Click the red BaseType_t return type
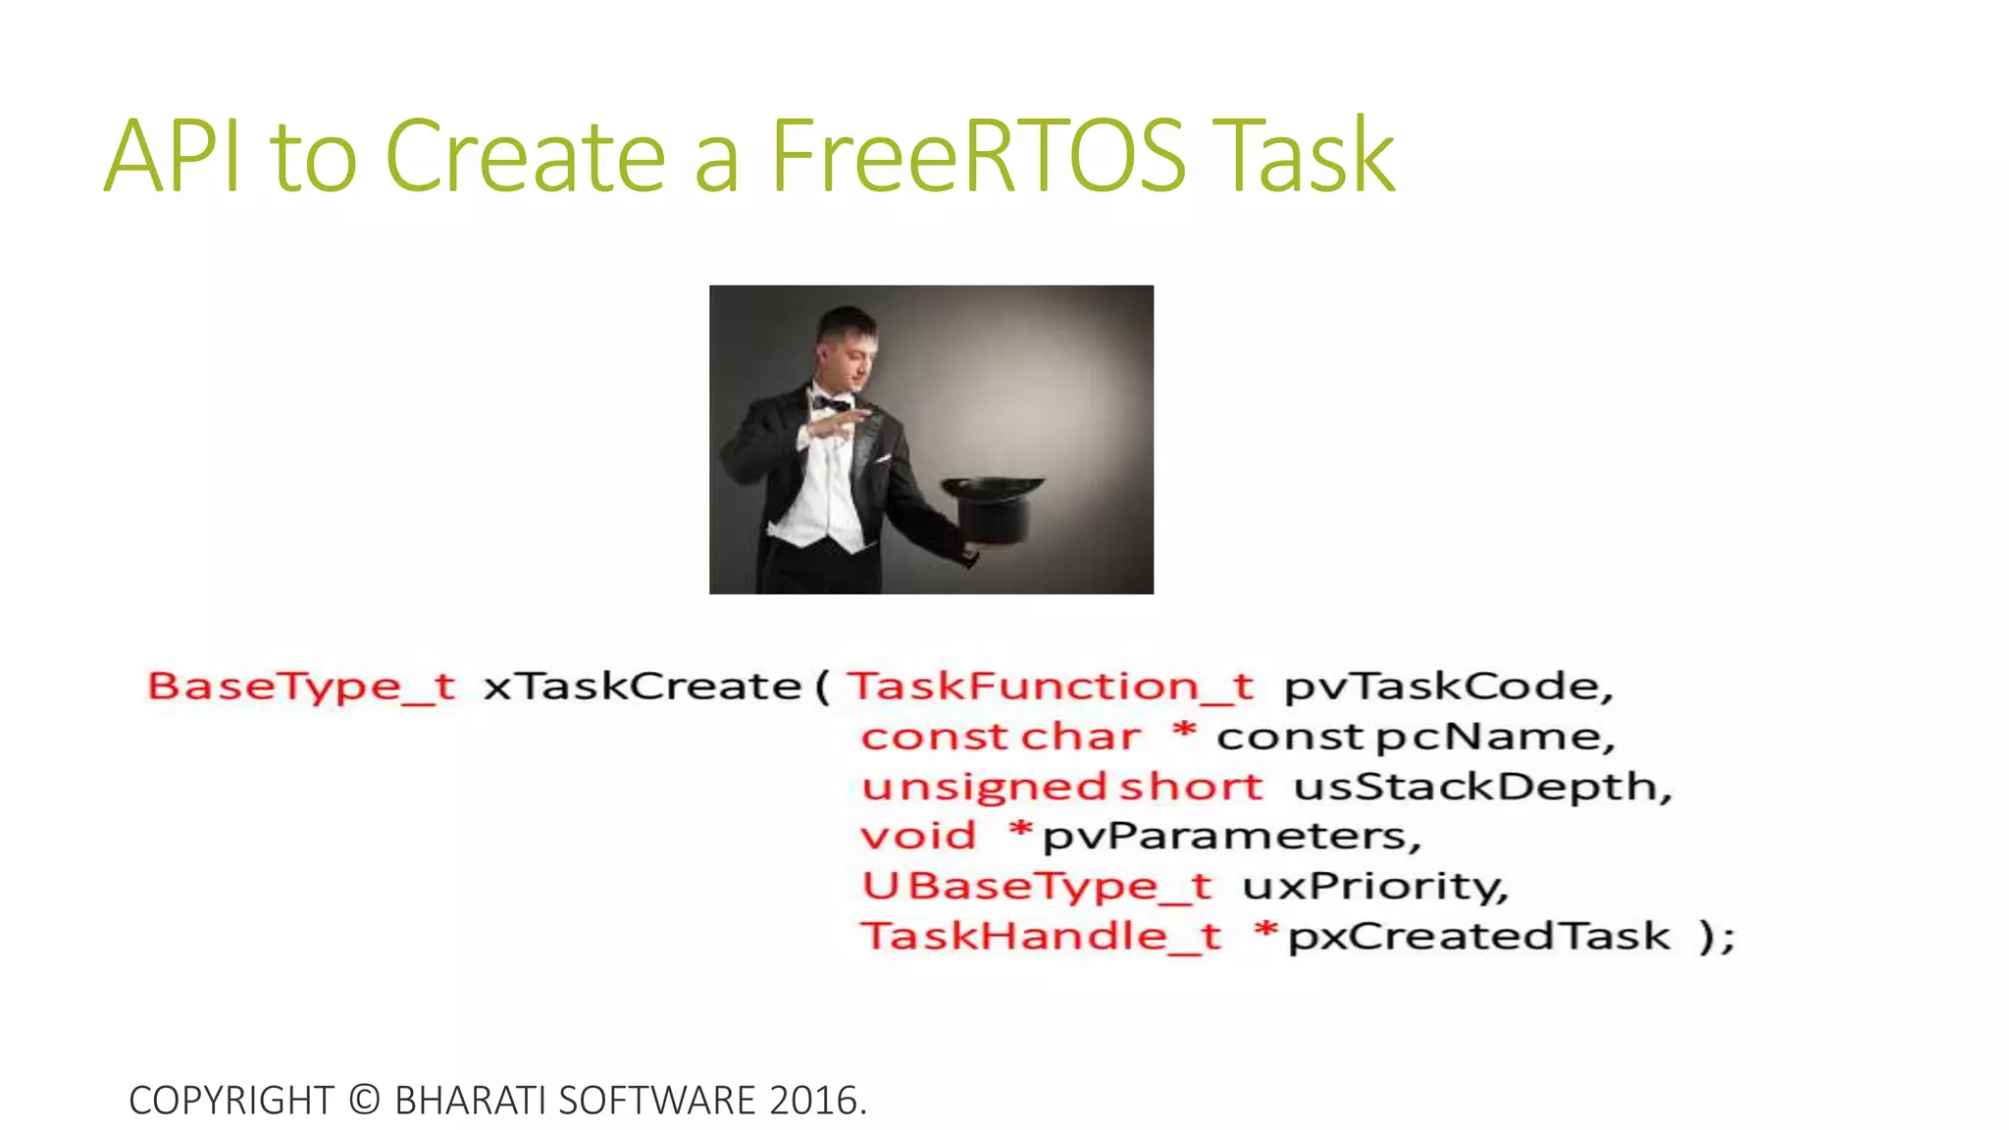coord(301,687)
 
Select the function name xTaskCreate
coord(643,687)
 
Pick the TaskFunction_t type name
coord(1051,687)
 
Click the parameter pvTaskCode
coord(1447,687)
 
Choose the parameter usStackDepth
coord(1481,787)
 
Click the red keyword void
coord(918,837)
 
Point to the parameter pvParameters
coord(1230,837)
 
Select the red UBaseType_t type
coord(1037,887)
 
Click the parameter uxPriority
coord(1374,887)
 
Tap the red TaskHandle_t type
coord(1041,937)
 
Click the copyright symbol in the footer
coord(364,1101)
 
